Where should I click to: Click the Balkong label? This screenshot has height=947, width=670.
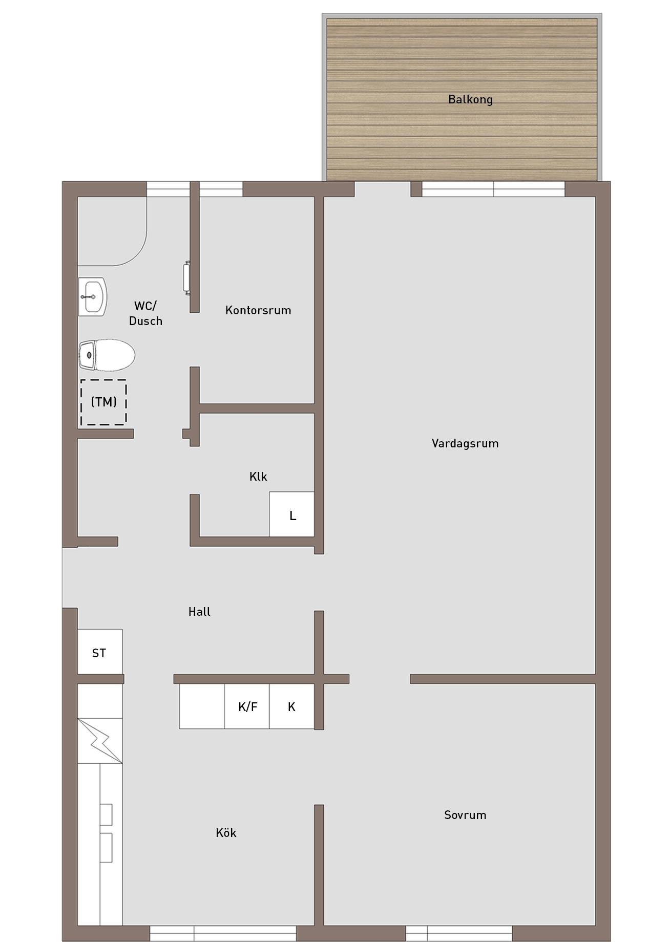470,99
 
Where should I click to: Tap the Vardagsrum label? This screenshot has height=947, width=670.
465,443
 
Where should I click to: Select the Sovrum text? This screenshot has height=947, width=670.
465,814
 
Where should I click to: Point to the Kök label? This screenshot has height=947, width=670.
226,833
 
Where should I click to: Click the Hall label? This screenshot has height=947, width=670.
199,612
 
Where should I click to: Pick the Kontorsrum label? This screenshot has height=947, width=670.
258,310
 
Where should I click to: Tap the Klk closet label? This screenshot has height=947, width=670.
258,477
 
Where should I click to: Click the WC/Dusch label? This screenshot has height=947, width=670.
145,313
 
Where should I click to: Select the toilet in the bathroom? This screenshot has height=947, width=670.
107,355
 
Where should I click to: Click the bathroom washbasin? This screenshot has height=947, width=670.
92,297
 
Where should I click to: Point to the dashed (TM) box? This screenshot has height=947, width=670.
103,402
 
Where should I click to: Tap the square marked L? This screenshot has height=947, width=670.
292,514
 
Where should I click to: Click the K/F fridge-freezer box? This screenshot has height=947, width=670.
247,706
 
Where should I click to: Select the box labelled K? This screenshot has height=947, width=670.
292,706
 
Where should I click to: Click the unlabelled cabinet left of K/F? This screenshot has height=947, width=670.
202,706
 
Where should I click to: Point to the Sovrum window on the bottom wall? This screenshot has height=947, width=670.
459,933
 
